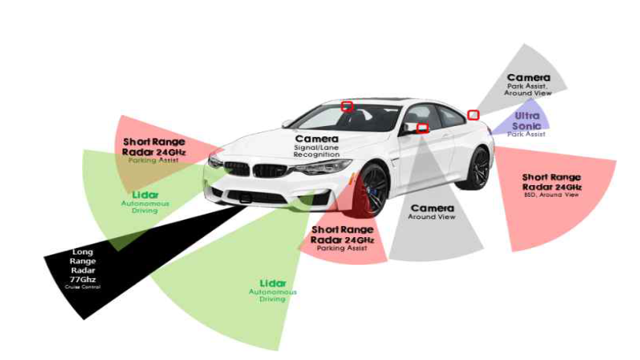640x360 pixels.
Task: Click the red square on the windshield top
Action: (347, 106)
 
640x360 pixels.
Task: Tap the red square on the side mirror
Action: (422, 128)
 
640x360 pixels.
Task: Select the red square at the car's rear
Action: (474, 115)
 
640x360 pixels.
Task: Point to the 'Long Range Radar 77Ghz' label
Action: (83, 266)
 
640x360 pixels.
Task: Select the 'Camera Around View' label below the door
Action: (432, 211)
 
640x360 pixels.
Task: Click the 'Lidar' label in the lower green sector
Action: (273, 283)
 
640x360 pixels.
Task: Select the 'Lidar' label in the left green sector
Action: (144, 195)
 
